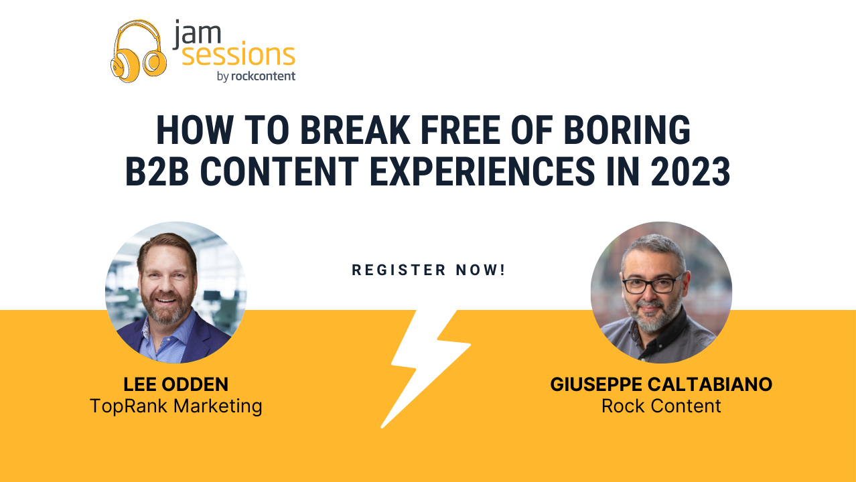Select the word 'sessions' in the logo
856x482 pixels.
pyautogui.click(x=238, y=55)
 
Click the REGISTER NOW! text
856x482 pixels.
pyautogui.click(x=429, y=270)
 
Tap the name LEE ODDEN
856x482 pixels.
pyautogui.click(x=176, y=385)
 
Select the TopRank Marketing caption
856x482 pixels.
pyautogui.click(x=176, y=406)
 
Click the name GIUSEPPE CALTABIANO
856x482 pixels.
pyautogui.click(x=661, y=385)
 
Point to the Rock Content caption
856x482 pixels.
pyautogui.click(x=661, y=406)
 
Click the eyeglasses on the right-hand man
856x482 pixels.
pyautogui.click(x=652, y=283)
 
